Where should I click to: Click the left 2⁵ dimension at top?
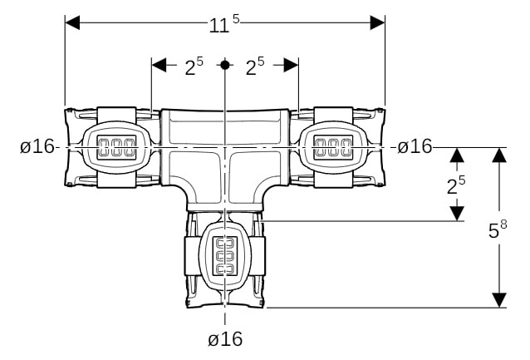click(194, 66)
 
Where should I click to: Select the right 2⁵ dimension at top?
click(255, 66)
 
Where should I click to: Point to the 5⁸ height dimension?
click(498, 229)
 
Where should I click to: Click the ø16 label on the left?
click(37, 147)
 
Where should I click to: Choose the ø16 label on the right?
click(415, 146)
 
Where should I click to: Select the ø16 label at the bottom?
click(225, 338)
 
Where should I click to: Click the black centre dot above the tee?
click(225, 65)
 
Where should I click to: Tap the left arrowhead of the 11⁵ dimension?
click(72, 22)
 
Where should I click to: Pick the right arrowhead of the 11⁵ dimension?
click(377, 22)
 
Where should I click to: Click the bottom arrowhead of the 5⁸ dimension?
click(499, 300)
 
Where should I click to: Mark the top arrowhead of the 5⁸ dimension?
click(499, 155)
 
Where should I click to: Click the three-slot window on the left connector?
click(116, 147)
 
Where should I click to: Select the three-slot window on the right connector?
click(334, 147)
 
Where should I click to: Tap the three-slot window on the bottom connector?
click(225, 255)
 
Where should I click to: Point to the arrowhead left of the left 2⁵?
click(159, 65)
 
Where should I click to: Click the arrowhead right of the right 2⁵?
click(291, 65)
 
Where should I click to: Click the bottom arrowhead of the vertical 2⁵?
click(457, 214)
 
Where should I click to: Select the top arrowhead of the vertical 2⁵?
click(457, 155)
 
